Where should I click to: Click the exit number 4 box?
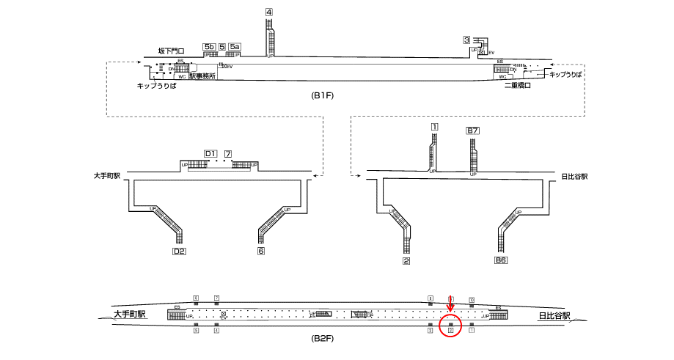(269, 12)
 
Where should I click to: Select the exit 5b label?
(208, 47)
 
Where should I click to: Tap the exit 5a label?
(235, 47)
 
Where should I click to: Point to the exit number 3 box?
(466, 40)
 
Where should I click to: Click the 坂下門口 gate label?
(171, 51)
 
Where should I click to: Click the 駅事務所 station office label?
(202, 76)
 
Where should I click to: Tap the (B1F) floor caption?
(323, 96)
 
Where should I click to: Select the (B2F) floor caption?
(323, 340)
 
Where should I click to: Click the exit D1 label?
(210, 153)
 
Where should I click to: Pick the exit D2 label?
(178, 251)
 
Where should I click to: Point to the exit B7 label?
(473, 131)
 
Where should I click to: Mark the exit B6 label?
(501, 260)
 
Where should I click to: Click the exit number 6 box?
(260, 251)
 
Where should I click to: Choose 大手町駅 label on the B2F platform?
(130, 315)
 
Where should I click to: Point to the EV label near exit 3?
(491, 53)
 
